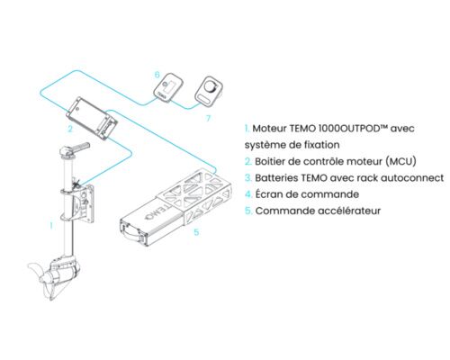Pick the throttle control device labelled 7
[208, 91]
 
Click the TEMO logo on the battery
[151, 217]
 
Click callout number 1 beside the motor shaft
[51, 227]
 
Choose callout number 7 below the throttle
[208, 116]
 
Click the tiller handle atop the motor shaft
[81, 146]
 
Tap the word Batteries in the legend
[280, 179]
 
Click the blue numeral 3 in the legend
[247, 179]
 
